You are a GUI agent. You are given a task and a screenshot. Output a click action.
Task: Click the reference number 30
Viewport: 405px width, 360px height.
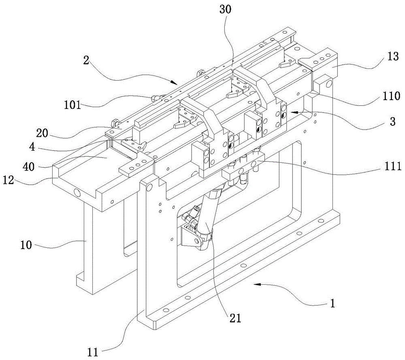coord(226,10)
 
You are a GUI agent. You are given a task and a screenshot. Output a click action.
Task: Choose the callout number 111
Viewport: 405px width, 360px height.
coord(381,166)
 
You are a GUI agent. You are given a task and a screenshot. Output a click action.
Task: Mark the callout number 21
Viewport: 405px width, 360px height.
coord(234,317)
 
